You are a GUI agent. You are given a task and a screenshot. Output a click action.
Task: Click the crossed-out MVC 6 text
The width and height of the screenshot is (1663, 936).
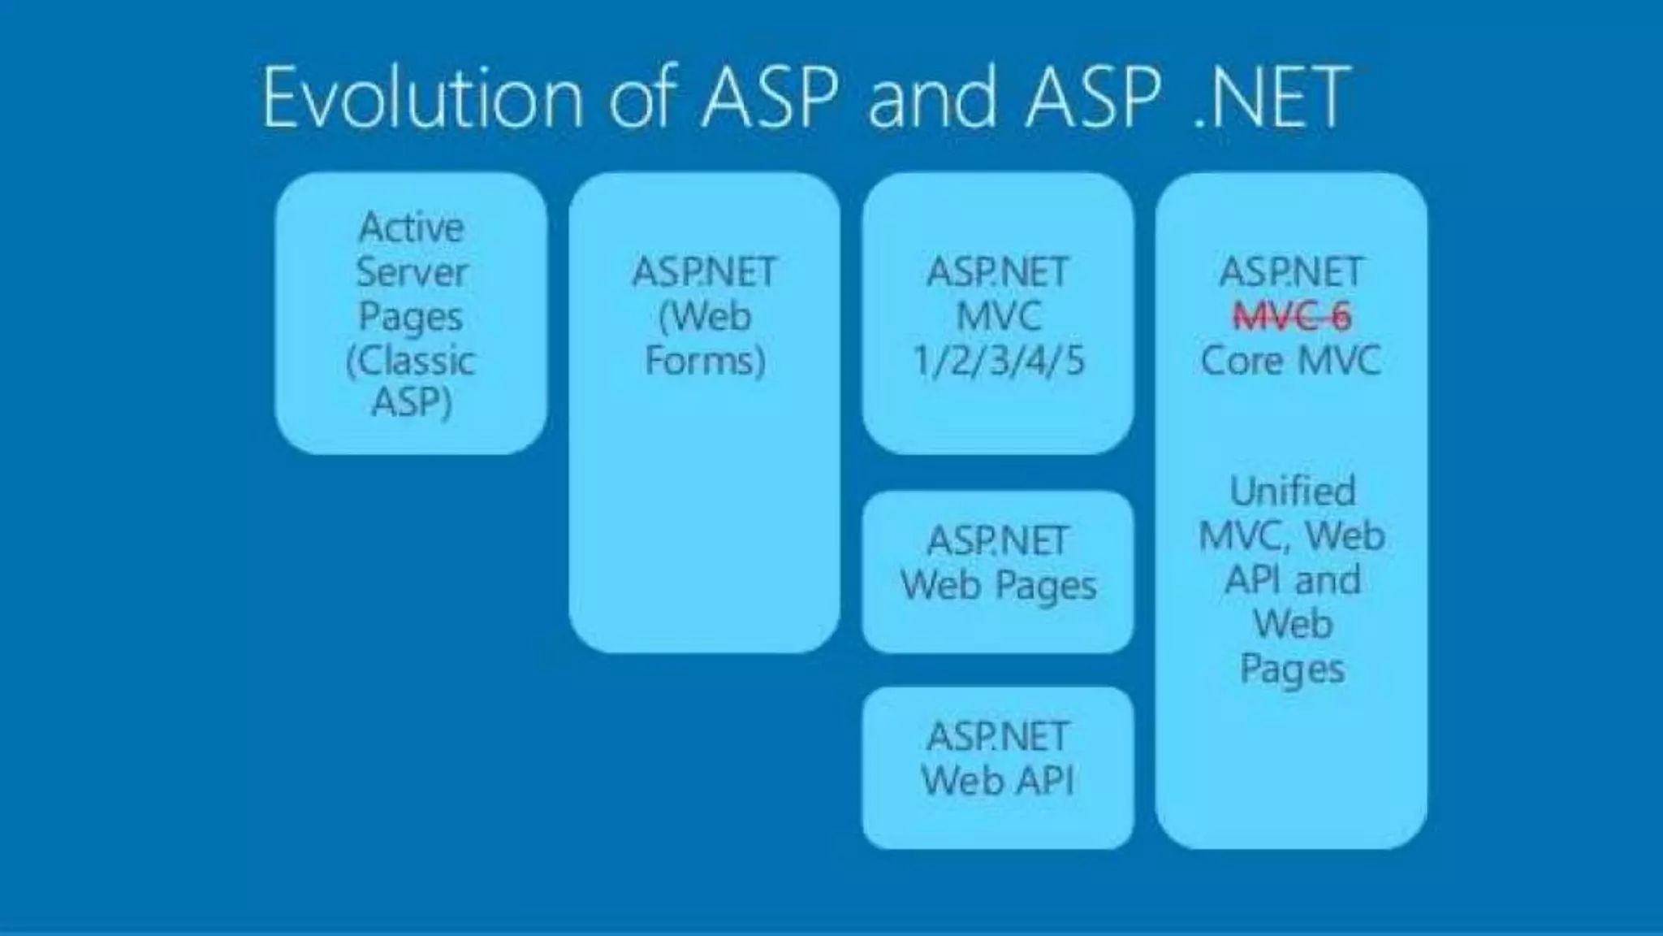pyautogui.click(x=1292, y=317)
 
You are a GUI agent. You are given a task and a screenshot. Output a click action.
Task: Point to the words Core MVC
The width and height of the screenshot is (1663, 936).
pyautogui.click(x=1291, y=361)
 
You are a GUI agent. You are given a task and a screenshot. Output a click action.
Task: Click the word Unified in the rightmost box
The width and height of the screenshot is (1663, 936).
pyautogui.click(x=1292, y=491)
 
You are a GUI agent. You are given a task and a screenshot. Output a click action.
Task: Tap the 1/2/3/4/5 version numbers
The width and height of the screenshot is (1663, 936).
pyautogui.click(x=998, y=361)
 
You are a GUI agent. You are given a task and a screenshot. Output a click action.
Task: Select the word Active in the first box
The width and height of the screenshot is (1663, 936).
pyautogui.click(x=412, y=227)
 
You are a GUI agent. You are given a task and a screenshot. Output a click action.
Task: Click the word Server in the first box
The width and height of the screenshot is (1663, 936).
pyautogui.click(x=412, y=271)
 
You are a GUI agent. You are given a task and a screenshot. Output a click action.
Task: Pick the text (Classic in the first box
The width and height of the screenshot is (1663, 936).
pyautogui.click(x=411, y=361)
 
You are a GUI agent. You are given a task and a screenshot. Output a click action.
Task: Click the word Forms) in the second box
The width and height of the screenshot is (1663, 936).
pyautogui.click(x=705, y=361)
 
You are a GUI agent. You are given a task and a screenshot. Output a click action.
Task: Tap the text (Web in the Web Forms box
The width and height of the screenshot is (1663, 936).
pyautogui.click(x=705, y=317)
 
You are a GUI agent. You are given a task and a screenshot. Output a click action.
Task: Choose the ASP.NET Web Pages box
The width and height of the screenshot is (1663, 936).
pyautogui.click(x=998, y=571)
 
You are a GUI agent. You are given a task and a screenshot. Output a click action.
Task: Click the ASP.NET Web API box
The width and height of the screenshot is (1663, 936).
pyautogui.click(x=998, y=768)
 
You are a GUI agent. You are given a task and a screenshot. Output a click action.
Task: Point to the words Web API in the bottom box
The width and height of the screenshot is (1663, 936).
pyautogui.click(x=998, y=782)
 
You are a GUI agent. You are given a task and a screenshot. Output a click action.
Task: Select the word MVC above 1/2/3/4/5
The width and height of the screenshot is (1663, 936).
pyautogui.click(x=998, y=317)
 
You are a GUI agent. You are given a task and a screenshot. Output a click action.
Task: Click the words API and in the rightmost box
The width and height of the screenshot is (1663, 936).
pyautogui.click(x=1292, y=580)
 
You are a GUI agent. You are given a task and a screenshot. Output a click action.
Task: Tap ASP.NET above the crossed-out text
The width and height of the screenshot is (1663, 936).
pyautogui.click(x=1291, y=271)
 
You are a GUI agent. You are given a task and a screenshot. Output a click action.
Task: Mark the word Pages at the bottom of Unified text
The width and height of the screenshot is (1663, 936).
pyautogui.click(x=1292, y=669)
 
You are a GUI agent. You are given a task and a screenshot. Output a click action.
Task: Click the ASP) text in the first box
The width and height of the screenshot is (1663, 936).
pyautogui.click(x=412, y=401)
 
